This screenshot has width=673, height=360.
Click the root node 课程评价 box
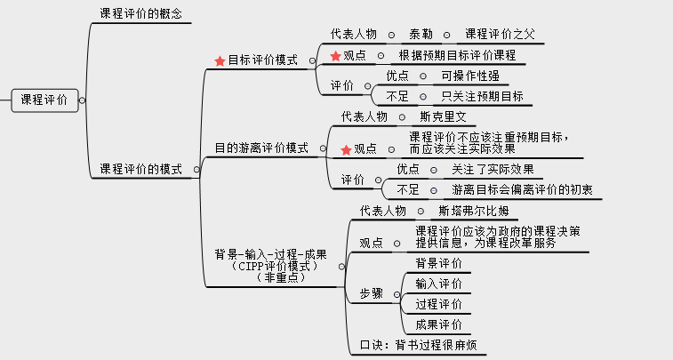pos(44,100)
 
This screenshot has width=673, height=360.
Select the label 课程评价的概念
pos(140,13)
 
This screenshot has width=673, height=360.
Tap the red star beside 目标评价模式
pos(220,61)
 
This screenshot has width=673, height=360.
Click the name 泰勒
pos(421,35)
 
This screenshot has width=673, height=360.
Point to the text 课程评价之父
pos(500,35)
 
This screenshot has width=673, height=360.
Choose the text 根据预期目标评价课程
pos(457,55)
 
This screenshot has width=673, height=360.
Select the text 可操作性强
pos(470,76)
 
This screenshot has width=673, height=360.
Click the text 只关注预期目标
pos(483,97)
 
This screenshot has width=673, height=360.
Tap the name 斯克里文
pos(443,116)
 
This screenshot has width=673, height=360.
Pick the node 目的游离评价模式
pos(261,148)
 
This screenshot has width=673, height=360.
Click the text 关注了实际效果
pos(493,170)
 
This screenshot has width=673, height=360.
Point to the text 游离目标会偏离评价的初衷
pos(522,189)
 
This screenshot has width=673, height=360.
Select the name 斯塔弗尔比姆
pos(474,211)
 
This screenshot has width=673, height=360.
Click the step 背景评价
pos(438,263)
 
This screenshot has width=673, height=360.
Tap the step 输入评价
pos(438,284)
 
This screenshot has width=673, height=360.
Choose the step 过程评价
pos(438,304)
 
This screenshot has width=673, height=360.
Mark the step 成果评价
pos(438,324)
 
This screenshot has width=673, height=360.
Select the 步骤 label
pos(372,294)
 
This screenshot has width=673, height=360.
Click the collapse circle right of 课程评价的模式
pos(196,170)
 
